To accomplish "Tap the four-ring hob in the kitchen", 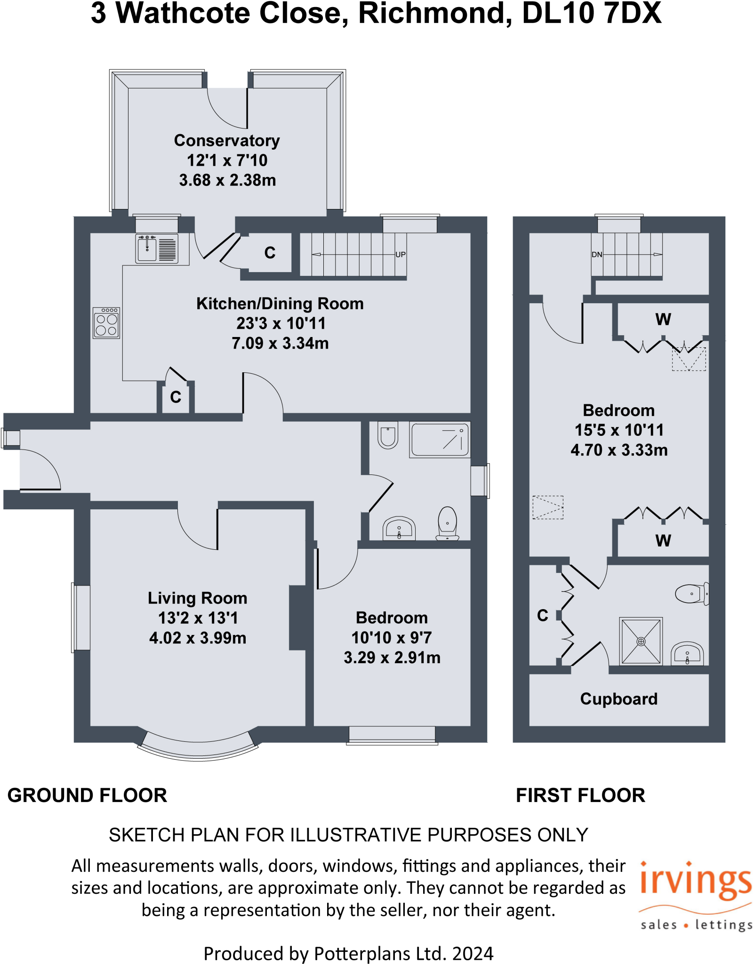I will click(x=106, y=323).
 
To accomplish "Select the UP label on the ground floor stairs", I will click(x=401, y=255).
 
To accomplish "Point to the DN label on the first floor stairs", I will click(x=597, y=255).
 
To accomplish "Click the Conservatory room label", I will click(x=227, y=141).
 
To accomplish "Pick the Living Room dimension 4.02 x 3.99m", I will click(x=198, y=638).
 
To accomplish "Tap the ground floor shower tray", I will click(x=440, y=440).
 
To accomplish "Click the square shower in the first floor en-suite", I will click(x=641, y=641).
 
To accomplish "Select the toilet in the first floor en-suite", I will click(x=691, y=594).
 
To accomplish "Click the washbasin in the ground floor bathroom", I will click(x=399, y=529).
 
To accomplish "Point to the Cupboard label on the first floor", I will click(x=619, y=699).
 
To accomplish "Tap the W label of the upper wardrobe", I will click(x=663, y=320).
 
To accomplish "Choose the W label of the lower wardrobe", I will click(x=663, y=540).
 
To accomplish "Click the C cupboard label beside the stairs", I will click(x=270, y=253).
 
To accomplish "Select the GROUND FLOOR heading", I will click(x=88, y=795).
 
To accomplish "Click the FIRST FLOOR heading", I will click(x=580, y=795).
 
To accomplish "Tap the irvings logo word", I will click(x=696, y=881).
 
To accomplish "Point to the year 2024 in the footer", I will click(x=473, y=954).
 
